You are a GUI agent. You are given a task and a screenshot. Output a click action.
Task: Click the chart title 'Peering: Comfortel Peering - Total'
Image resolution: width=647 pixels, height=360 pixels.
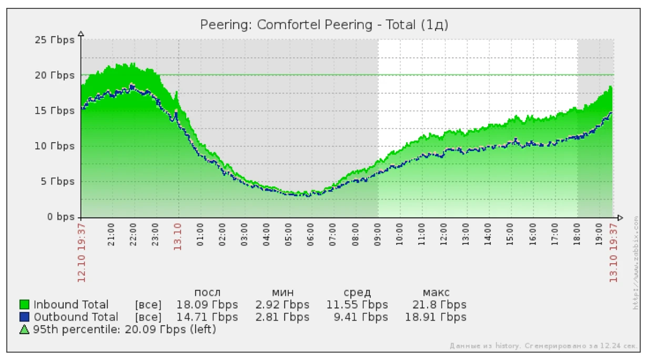(324, 25)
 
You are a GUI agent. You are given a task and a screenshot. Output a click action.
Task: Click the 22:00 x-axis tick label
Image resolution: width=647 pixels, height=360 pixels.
(133, 232)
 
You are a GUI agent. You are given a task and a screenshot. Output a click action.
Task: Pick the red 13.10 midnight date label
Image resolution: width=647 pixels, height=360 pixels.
(178, 236)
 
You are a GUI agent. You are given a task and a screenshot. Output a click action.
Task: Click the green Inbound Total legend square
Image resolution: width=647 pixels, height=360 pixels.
(24, 305)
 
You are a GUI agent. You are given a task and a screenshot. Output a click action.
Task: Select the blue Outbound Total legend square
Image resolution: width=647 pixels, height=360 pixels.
(24, 317)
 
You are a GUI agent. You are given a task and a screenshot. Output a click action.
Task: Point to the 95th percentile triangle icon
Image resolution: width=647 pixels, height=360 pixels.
(24, 330)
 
